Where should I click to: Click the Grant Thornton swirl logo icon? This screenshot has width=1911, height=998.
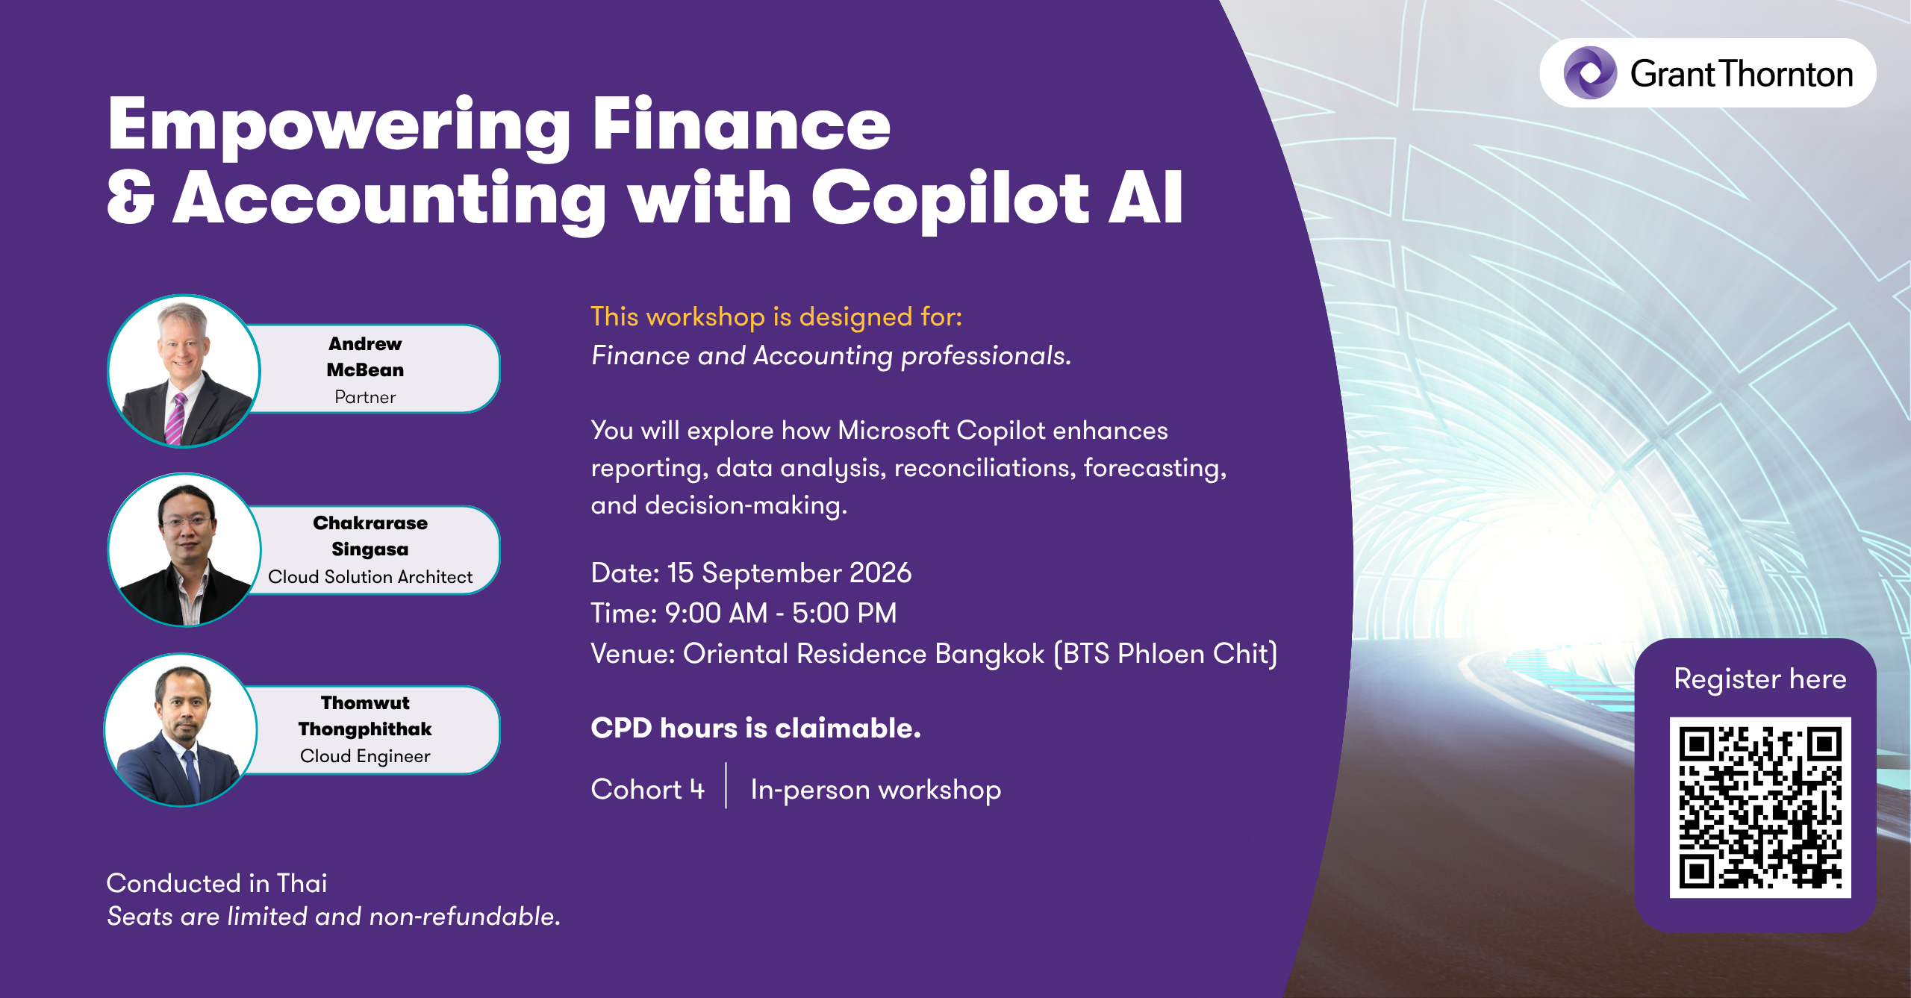coord(1590,72)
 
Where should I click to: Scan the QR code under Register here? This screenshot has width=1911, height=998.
coord(1760,807)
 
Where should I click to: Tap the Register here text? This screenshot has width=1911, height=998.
coord(1760,679)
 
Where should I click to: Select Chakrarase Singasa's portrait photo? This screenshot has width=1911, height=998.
coord(184,550)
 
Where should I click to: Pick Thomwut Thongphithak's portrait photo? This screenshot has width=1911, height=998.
coord(181,729)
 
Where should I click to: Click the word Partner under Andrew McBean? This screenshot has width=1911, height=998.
coord(365,397)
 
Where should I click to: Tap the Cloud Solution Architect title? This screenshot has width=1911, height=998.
coord(370,577)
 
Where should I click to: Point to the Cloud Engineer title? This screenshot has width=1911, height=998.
coord(365,756)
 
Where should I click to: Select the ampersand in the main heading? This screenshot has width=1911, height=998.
coord(131,197)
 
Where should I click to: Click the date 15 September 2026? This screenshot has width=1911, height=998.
coord(789,573)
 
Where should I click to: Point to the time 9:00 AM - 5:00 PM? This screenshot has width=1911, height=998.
coord(781,614)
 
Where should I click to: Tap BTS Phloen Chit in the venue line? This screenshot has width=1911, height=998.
coord(1166,654)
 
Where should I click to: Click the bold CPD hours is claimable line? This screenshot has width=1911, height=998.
coord(756,729)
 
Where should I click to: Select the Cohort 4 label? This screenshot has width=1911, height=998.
coord(648,790)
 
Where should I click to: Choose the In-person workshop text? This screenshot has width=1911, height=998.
coord(876,790)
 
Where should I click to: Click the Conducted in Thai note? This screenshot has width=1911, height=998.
coord(217,884)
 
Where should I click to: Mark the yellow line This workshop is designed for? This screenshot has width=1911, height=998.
coord(776,317)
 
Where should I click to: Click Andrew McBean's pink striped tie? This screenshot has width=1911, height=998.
coord(176,418)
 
